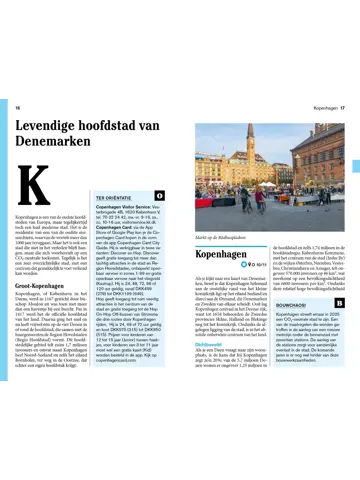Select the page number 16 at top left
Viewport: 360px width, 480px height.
(x=17, y=107)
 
